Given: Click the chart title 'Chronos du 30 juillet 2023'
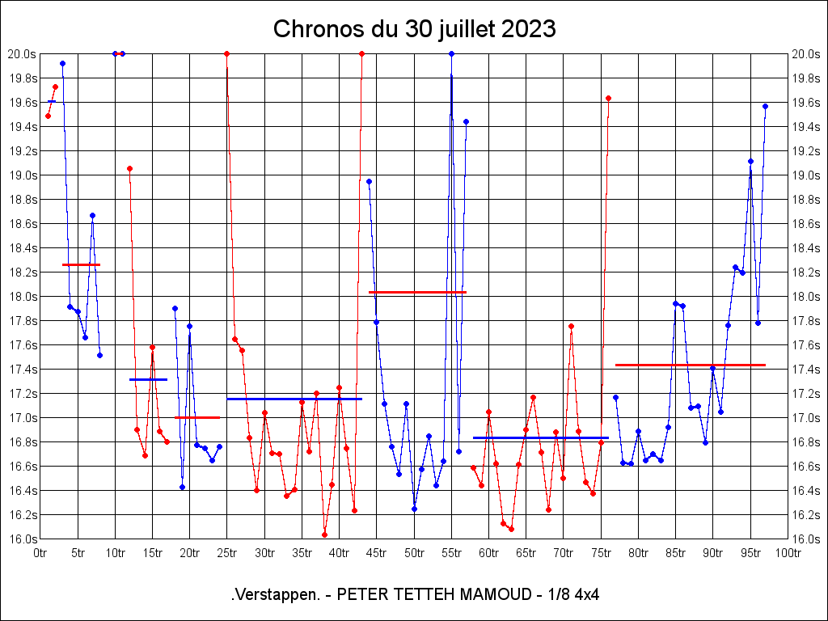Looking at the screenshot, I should click(x=414, y=29).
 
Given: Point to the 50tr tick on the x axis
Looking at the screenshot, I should click(x=414, y=553).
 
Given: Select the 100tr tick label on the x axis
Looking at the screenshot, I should click(x=788, y=553).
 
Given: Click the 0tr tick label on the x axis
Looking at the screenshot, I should click(x=40, y=553).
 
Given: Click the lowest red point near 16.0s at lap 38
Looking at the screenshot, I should click(x=324, y=534).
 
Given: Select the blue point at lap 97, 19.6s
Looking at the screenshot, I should click(x=765, y=106).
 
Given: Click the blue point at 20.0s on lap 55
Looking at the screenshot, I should click(x=451, y=53).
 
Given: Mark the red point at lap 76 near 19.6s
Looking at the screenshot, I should click(x=608, y=98).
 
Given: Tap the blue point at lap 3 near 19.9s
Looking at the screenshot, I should click(x=62, y=63).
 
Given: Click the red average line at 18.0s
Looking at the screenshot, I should click(x=417, y=292).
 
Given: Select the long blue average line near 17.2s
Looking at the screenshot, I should click(x=294, y=399).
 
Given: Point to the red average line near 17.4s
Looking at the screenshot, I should click(x=690, y=365).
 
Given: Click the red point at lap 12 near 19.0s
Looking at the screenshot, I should click(x=129, y=168).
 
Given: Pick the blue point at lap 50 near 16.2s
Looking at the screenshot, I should click(x=414, y=509).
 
